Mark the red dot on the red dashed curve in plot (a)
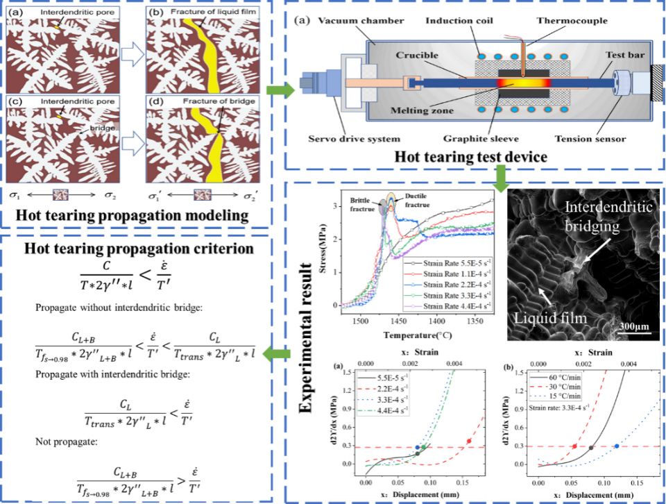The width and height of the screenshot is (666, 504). tap(469, 441)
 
